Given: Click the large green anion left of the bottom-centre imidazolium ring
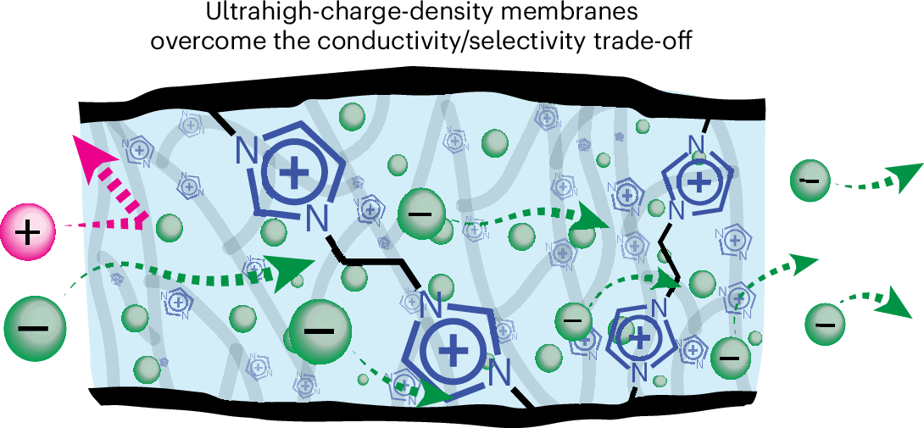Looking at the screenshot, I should pyautogui.click(x=318, y=330).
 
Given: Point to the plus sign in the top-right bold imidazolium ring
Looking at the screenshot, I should pyautogui.click(x=699, y=181).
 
